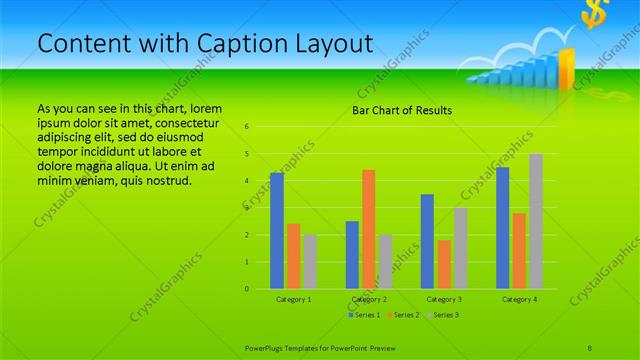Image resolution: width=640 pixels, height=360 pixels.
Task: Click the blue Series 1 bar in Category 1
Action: [x=277, y=231]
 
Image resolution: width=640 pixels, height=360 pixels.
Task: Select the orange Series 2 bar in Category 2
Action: [x=368, y=229]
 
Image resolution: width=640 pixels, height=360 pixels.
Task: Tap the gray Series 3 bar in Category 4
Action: [x=536, y=221]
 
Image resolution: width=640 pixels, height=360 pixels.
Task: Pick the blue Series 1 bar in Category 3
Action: [x=427, y=241]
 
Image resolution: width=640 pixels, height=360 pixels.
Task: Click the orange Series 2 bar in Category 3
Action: [x=443, y=264]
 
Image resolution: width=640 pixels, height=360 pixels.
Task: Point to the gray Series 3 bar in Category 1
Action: [x=309, y=262]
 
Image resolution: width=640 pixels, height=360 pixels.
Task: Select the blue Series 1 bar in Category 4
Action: [x=503, y=228]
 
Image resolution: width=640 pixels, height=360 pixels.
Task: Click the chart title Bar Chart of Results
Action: [x=402, y=110]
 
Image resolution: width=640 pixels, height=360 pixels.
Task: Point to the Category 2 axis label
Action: [x=369, y=299]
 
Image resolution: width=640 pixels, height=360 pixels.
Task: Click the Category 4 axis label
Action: [x=519, y=299]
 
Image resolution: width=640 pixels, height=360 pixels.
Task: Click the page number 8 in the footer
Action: [x=590, y=346]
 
